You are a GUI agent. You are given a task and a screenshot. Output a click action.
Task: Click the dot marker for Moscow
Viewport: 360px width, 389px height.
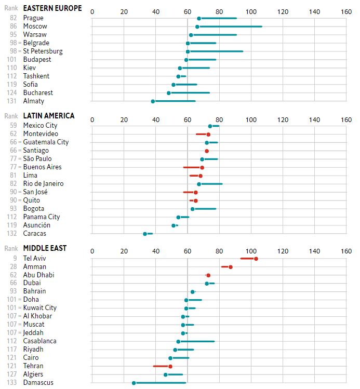(x=197, y=26)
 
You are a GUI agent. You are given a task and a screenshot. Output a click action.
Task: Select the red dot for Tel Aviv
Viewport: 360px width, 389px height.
(x=256, y=259)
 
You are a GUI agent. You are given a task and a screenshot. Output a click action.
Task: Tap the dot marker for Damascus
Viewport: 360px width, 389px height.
(x=134, y=383)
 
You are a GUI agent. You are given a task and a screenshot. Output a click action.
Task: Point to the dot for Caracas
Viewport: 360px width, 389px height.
(x=145, y=234)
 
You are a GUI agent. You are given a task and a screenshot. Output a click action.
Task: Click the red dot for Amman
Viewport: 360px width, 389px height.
(x=231, y=267)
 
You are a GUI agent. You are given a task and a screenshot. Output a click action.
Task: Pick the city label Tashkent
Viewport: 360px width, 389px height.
(x=36, y=76)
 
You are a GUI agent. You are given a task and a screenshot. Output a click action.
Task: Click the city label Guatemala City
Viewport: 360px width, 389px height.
(x=46, y=142)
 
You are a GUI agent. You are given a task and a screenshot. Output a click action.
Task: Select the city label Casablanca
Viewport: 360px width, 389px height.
(x=40, y=341)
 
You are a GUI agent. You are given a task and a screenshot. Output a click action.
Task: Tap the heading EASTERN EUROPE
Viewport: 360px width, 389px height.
(x=52, y=8)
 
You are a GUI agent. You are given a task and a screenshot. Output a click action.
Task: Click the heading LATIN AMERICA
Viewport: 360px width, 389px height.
(x=49, y=116)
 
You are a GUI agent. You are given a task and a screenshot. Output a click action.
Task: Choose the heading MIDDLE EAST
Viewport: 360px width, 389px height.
(x=45, y=248)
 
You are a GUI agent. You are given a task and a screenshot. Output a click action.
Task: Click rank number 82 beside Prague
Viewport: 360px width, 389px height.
(x=13, y=18)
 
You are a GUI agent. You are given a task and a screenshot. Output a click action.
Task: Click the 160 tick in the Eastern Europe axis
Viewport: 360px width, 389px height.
(x=346, y=11)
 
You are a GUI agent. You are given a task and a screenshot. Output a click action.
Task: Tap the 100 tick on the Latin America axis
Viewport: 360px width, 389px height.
(x=251, y=119)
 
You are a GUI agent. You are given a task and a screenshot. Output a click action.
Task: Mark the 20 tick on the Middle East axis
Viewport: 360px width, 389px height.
(x=124, y=251)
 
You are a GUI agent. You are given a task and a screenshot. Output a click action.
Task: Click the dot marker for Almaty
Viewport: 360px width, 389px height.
(x=153, y=101)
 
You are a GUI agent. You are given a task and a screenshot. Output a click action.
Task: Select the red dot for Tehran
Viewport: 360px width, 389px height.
(x=170, y=366)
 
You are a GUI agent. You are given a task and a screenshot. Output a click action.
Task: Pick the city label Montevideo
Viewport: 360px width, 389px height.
(x=41, y=134)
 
